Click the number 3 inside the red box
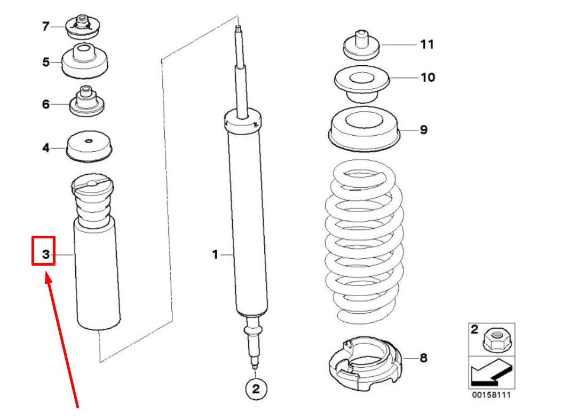pyautogui.click(x=46, y=255)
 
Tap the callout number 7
pyautogui.click(x=46, y=26)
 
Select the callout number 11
pyautogui.click(x=426, y=44)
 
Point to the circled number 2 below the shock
pyautogui.click(x=256, y=389)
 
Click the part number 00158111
pyautogui.click(x=491, y=395)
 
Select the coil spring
pyautogui.click(x=364, y=241)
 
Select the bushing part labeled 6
pyautogui.click(x=86, y=102)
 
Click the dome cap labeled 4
pyautogui.click(x=90, y=146)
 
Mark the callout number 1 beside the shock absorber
pyautogui.click(x=215, y=255)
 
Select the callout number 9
pyautogui.click(x=423, y=130)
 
